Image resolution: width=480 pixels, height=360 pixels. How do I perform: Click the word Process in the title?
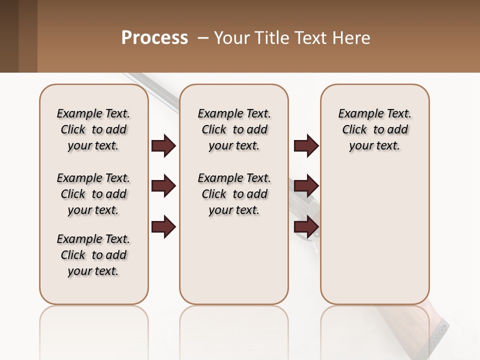point(154,38)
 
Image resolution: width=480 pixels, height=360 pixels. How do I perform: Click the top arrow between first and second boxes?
point(163,146)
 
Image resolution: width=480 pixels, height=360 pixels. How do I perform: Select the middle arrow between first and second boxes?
point(163,186)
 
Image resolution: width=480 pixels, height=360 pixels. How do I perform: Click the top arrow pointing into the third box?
point(306,146)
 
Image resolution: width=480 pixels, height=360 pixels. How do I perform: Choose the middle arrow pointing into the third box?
point(306,186)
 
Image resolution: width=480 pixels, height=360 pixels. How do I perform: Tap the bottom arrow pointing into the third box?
point(306,226)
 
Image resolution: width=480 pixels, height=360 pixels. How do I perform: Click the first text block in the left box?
point(93,129)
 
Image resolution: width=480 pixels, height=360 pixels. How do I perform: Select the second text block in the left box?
point(93,194)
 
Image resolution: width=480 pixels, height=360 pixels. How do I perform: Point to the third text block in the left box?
point(93,255)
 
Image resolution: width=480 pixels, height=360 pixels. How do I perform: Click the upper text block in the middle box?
point(234,129)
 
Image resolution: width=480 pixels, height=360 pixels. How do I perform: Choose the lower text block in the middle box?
point(234,194)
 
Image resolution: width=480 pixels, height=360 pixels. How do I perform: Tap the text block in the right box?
point(375,129)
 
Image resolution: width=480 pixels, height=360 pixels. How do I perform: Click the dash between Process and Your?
point(203,38)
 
